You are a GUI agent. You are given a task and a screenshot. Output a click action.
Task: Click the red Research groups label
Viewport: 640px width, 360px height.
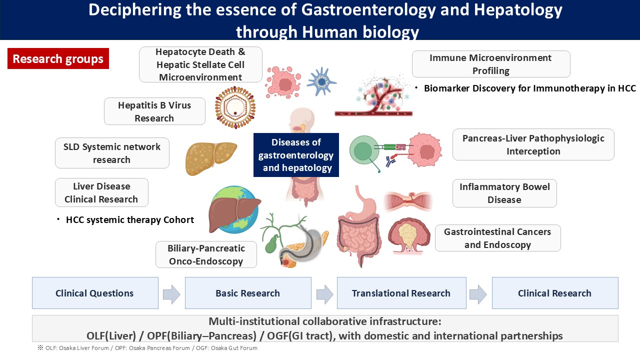tap(58, 59)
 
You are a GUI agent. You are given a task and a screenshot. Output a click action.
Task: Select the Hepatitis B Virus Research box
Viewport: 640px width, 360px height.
tap(154, 111)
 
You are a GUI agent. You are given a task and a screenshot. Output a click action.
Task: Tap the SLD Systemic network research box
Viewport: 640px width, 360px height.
tap(112, 153)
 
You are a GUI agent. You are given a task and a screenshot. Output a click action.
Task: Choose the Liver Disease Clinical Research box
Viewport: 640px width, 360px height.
tap(101, 192)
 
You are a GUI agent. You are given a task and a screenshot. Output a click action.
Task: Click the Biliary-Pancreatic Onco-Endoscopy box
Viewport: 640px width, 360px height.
tap(206, 254)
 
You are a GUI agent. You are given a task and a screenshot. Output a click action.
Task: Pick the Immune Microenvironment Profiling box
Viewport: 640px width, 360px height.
tap(490, 64)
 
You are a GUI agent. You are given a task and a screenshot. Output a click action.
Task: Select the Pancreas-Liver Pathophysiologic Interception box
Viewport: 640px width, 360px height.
tap(533, 144)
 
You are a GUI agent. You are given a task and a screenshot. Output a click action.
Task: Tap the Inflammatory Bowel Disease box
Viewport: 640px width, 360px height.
tap(504, 193)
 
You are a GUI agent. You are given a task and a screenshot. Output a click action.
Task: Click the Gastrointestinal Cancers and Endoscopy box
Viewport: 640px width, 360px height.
tap(497, 238)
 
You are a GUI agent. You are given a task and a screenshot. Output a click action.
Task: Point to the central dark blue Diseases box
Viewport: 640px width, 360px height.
tap(296, 155)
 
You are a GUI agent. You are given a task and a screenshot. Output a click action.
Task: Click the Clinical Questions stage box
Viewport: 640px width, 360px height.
tap(95, 293)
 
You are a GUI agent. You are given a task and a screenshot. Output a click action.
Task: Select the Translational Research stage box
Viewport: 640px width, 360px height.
tap(401, 293)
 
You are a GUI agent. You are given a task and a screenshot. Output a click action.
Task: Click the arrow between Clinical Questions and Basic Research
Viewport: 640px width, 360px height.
tap(171, 294)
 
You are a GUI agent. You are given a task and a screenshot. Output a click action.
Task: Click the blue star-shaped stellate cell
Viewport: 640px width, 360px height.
tap(321, 81)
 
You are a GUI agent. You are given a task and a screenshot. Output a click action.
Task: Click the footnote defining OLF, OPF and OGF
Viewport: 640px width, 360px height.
tap(147, 348)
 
